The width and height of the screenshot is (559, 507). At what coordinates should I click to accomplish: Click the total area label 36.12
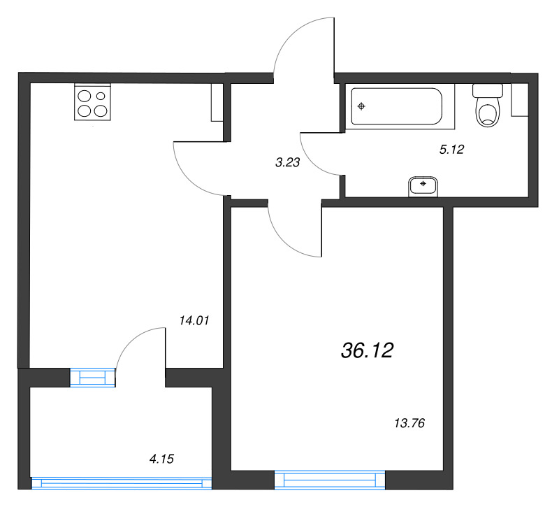tap(368, 350)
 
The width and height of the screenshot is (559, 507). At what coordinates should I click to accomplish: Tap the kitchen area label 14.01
tap(194, 320)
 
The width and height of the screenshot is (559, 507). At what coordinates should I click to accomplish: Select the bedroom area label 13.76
tap(409, 423)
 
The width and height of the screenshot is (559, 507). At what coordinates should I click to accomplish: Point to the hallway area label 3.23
tap(287, 162)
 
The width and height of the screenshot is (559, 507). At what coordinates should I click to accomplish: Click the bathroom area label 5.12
tap(451, 149)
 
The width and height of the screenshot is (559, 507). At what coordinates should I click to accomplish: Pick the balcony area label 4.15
tap(161, 459)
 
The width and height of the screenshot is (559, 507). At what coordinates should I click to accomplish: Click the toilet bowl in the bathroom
tap(487, 113)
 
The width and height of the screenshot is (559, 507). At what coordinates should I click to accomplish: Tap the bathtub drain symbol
tap(361, 106)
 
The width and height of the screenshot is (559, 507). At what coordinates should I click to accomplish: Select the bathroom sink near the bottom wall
tap(423, 186)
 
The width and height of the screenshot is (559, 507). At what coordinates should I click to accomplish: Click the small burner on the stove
tap(101, 96)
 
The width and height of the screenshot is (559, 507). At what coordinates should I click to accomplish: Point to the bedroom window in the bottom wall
tap(330, 480)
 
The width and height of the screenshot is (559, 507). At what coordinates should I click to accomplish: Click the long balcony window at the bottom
tap(122, 483)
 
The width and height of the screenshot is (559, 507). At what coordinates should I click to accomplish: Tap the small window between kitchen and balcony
tap(93, 378)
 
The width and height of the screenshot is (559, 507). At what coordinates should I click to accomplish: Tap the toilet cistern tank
tap(487, 90)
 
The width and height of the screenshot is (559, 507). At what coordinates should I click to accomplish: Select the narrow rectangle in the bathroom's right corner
tap(520, 100)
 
